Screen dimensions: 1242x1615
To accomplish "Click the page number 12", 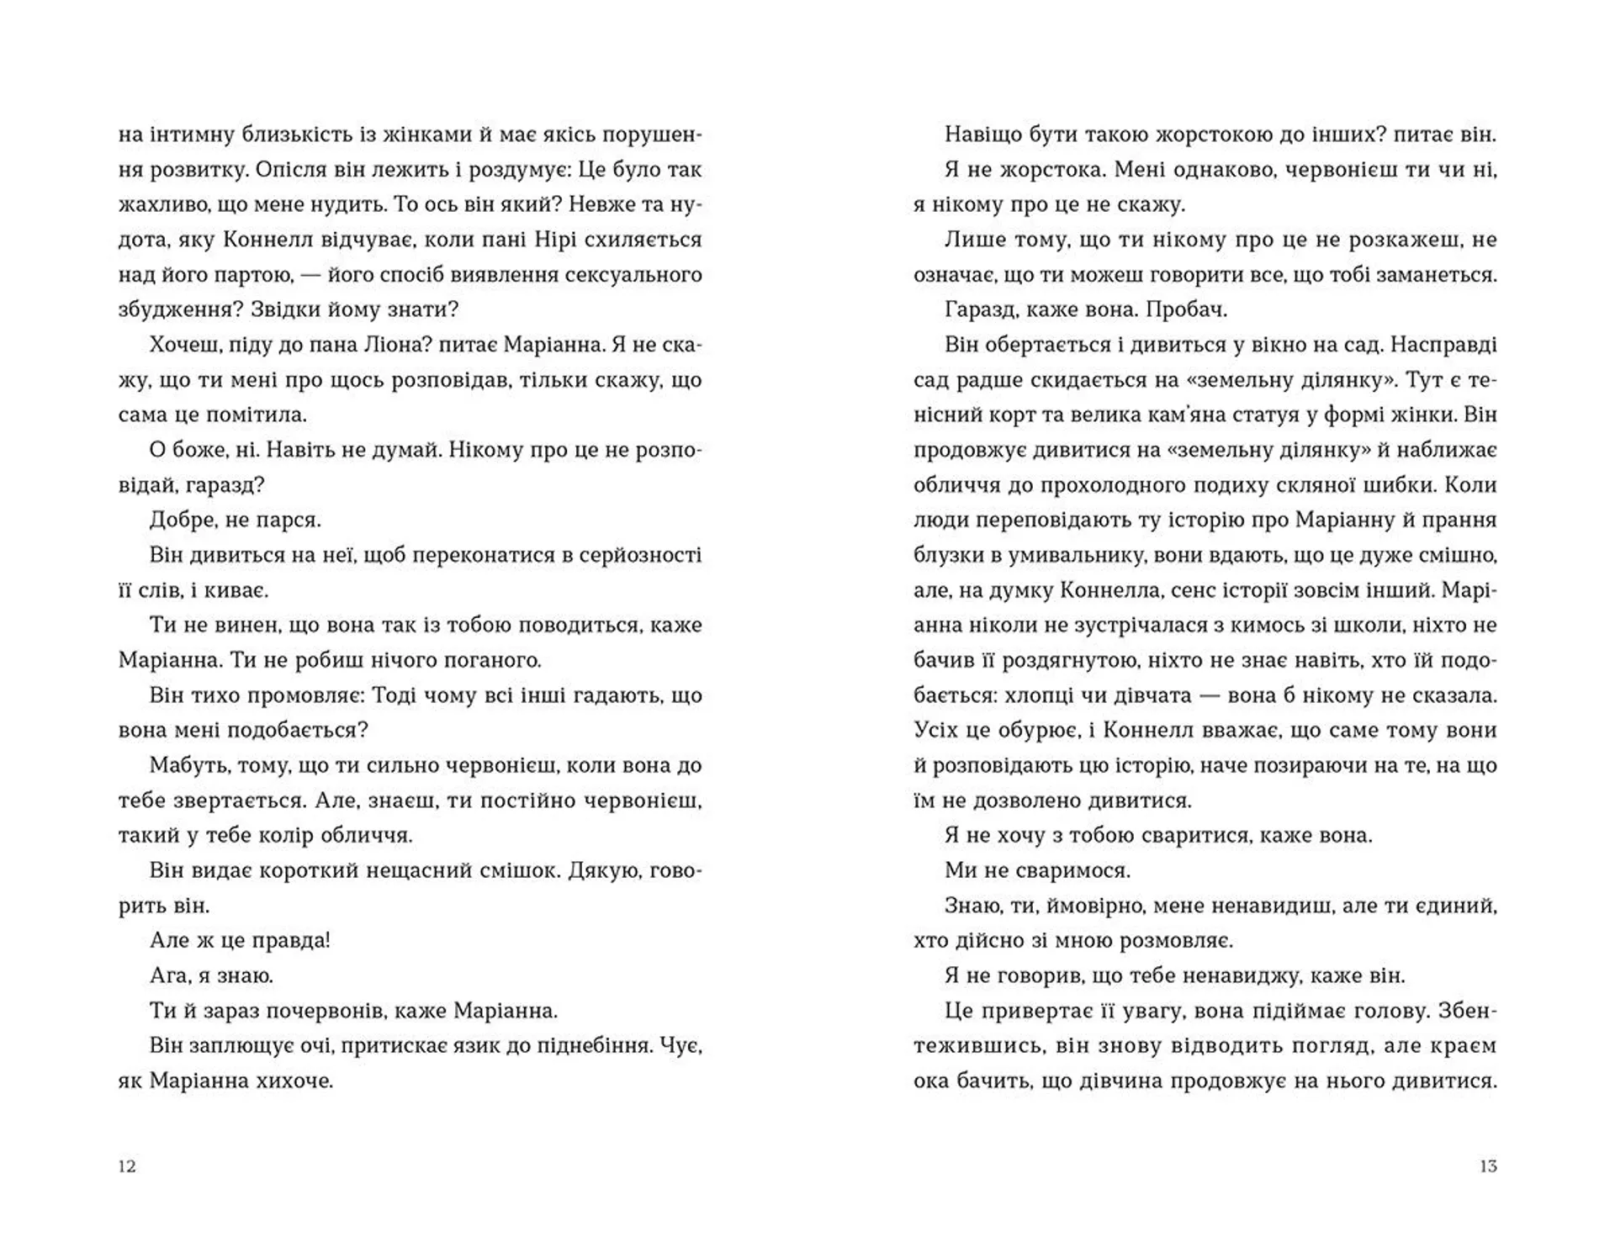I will tap(127, 1166).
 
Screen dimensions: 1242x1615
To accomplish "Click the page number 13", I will tap(1488, 1166).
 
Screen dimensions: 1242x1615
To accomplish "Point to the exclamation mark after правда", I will tap(327, 940).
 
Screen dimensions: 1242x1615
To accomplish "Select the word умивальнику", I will tap(1051, 555).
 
